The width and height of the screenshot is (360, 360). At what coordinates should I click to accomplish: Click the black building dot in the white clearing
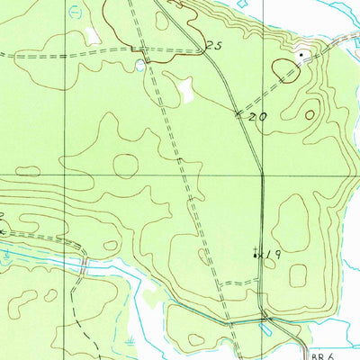[301, 55]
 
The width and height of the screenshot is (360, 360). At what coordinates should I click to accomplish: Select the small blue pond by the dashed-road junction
[139, 66]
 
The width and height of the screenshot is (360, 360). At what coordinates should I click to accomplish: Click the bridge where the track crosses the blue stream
[82, 266]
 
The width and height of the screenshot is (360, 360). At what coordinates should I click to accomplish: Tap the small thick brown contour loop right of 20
[310, 115]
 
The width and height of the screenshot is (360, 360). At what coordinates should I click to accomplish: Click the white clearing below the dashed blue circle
[92, 36]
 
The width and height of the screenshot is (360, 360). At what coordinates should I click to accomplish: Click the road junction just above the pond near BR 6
[265, 317]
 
